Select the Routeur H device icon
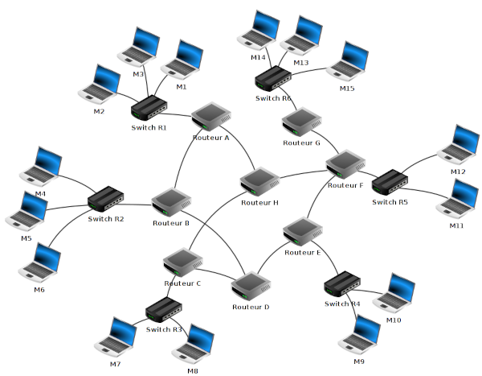click(259, 181)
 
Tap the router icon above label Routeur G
click(300, 122)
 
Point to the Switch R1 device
click(149, 107)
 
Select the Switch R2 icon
click(107, 197)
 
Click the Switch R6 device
click(274, 78)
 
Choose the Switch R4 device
click(343, 283)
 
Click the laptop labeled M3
click(140, 46)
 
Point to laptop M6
click(38, 264)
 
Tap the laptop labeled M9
click(358, 334)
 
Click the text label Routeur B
click(170, 222)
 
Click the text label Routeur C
click(182, 283)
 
